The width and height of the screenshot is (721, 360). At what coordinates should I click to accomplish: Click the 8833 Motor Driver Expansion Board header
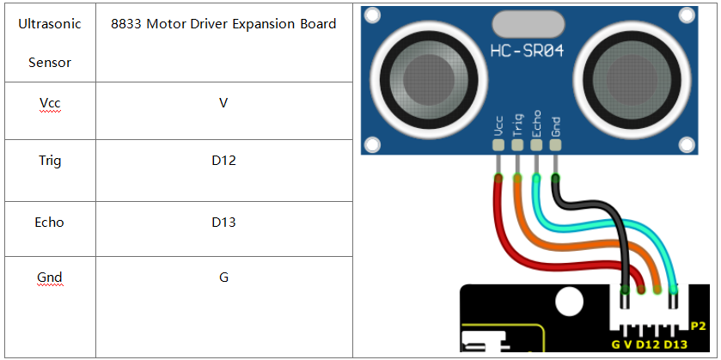[x=223, y=24]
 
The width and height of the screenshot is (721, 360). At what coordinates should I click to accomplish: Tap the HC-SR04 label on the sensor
[x=527, y=51]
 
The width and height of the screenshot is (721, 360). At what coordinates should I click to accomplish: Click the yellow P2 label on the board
[x=698, y=326]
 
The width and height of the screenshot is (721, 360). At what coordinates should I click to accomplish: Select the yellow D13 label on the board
[x=675, y=345]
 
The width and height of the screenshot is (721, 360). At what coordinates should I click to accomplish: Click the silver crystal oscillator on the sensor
[x=528, y=26]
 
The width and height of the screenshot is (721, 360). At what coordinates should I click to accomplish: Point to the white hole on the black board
[x=569, y=302]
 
